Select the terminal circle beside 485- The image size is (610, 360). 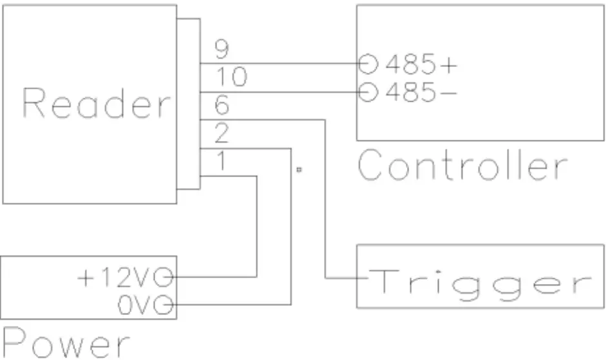367,93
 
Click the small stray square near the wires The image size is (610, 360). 299,171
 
